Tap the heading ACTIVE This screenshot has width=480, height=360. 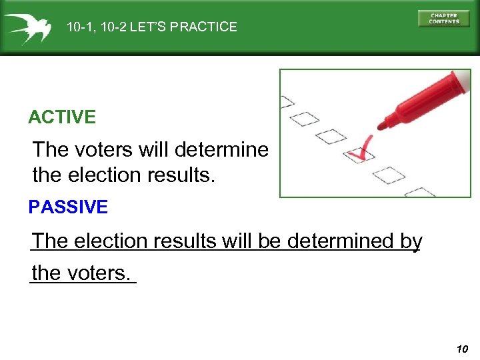(x=62, y=118)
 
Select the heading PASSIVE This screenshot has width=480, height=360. (x=68, y=207)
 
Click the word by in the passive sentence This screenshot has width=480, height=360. (x=412, y=241)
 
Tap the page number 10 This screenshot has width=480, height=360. (x=463, y=349)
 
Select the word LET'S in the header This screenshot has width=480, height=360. (x=151, y=27)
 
